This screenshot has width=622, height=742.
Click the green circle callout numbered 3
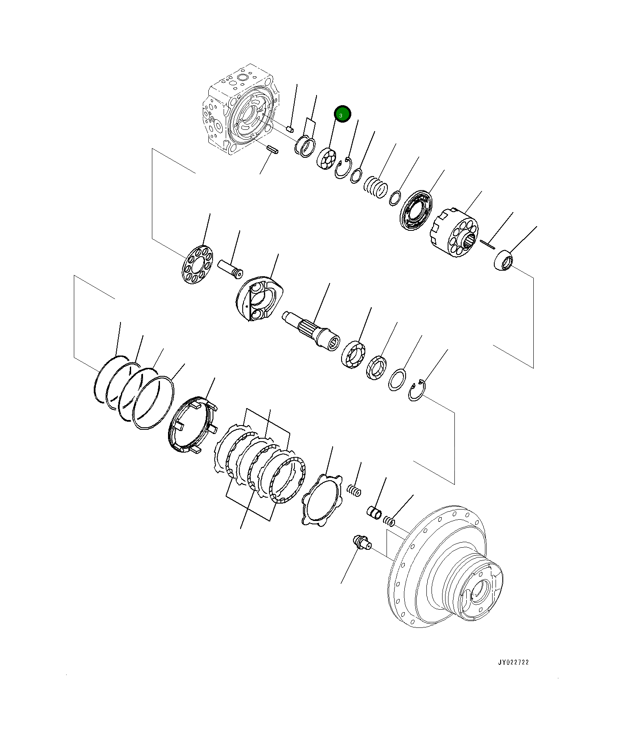(342, 114)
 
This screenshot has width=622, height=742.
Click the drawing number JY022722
(513, 662)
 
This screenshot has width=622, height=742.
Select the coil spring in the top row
(376, 187)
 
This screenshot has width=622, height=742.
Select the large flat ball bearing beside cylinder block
(416, 211)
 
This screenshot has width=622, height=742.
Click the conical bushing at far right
(504, 260)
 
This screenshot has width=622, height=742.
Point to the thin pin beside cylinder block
(488, 244)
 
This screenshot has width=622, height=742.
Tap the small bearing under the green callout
(327, 159)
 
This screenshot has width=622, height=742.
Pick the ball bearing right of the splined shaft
(353, 354)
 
